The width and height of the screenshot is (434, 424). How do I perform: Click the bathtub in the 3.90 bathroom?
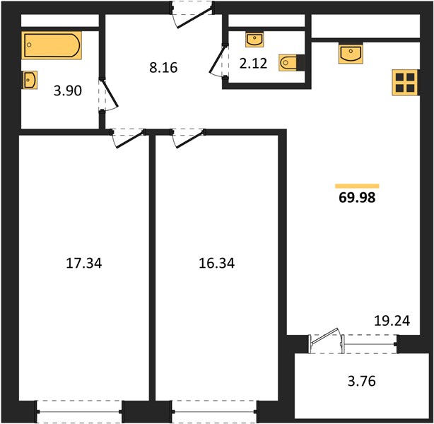click(x=52, y=45)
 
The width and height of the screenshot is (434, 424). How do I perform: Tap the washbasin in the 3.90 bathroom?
click(x=30, y=80)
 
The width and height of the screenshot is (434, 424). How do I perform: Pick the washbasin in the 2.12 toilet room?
click(x=254, y=40)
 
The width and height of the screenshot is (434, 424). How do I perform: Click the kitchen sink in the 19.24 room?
click(x=351, y=54)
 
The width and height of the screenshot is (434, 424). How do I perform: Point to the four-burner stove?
click(x=405, y=83)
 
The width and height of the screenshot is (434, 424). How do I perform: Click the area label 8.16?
click(x=163, y=68)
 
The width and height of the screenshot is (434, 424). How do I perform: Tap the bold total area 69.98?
click(x=357, y=198)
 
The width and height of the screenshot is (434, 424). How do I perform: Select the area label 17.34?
click(x=84, y=263)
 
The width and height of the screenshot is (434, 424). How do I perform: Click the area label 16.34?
click(x=217, y=263)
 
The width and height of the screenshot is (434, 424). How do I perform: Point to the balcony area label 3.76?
click(x=361, y=381)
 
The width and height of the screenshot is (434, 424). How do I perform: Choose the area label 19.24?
click(x=392, y=321)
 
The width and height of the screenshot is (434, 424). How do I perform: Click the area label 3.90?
click(x=68, y=90)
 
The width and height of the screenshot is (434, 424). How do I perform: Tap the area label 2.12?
click(x=253, y=64)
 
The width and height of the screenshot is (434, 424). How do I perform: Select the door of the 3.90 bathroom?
click(x=109, y=96)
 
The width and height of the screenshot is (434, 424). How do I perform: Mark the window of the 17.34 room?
click(x=79, y=411)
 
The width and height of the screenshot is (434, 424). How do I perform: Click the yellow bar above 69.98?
click(x=357, y=186)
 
